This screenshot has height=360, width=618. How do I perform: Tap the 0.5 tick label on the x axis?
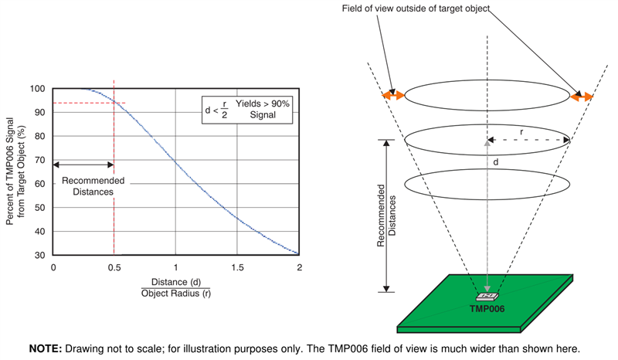point(114,267)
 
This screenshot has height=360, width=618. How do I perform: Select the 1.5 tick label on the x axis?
point(237,267)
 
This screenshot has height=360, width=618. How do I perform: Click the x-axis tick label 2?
point(299,267)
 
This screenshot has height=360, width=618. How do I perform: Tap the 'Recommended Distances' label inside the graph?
point(83,186)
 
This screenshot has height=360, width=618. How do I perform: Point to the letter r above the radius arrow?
point(522,132)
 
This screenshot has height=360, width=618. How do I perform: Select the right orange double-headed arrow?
point(582,97)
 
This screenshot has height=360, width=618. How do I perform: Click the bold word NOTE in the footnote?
point(46,348)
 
